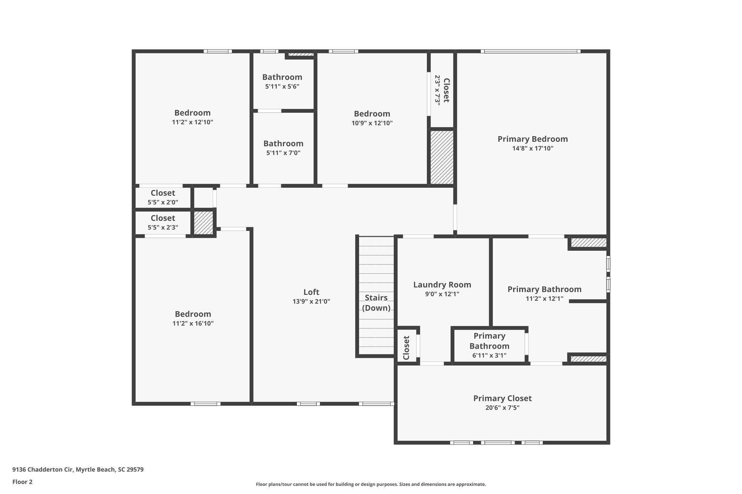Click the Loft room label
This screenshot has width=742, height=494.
[x=311, y=292]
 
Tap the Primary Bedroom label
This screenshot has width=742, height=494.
[x=532, y=139]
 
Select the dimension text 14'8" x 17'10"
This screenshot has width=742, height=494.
[x=532, y=148]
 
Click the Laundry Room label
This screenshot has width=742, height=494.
[x=442, y=285]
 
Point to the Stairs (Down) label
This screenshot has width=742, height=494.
[x=376, y=303]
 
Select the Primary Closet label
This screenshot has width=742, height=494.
[x=502, y=398]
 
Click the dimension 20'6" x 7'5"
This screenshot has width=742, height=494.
[x=502, y=408]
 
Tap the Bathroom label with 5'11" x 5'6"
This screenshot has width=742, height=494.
[x=282, y=77]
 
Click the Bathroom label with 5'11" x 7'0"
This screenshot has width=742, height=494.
[x=283, y=143]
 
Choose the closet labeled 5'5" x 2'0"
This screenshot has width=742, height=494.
[x=163, y=193]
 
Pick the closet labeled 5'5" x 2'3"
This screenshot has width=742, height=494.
[x=163, y=218]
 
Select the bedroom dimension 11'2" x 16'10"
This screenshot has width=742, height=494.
[x=193, y=324]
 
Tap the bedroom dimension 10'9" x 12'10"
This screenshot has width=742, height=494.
[x=372, y=123]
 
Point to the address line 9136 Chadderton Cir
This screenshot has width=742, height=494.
[x=78, y=470]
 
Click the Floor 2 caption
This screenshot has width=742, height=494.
[x=22, y=482]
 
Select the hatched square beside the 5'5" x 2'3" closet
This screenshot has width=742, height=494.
[x=203, y=223]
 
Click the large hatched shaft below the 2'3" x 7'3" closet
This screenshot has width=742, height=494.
[x=442, y=157]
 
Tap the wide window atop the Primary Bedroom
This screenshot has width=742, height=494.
[x=530, y=51]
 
